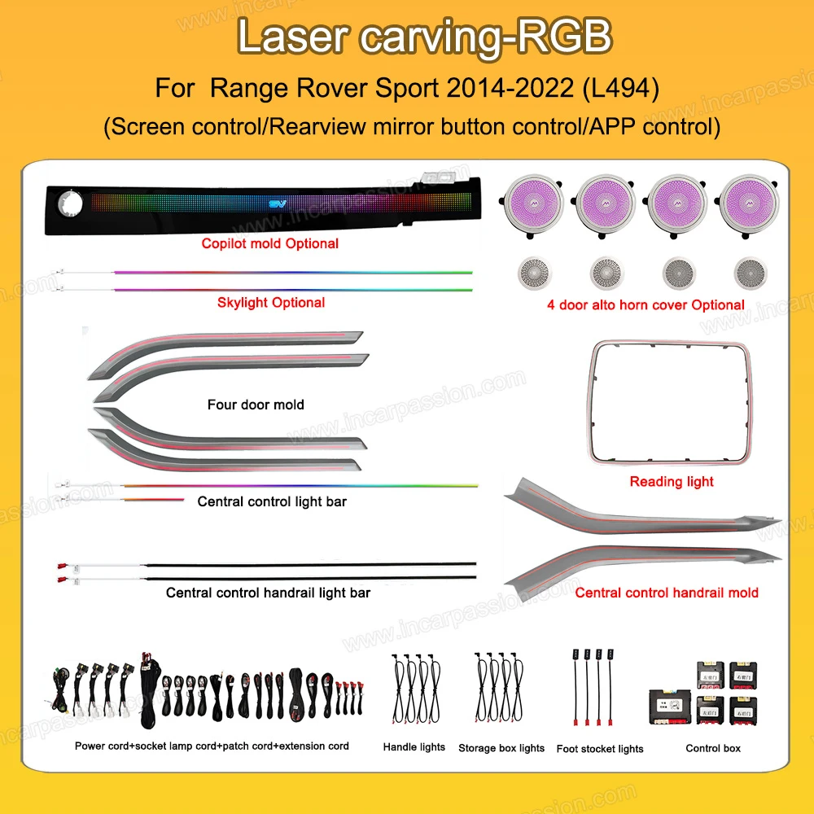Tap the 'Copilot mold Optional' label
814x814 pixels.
pos(269,243)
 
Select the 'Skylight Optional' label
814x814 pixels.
pos(271,303)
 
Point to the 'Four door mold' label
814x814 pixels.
pos(256,405)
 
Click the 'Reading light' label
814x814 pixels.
pos(672,482)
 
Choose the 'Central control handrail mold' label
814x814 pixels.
pos(667,593)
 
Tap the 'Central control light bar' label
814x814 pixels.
pos(272,501)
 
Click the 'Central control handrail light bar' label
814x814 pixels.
pos(268,593)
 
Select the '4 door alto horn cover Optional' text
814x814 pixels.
pos(646,305)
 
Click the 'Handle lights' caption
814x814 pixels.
pos(414,747)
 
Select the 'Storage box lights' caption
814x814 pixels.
pos(501,748)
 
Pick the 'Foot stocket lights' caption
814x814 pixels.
pos(600,749)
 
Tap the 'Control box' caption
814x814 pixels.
pos(713,748)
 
